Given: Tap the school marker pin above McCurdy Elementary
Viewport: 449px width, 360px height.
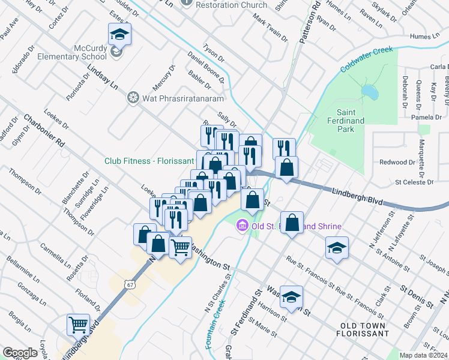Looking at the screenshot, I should click(119, 35).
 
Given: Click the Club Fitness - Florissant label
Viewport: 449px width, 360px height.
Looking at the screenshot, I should click(149, 161).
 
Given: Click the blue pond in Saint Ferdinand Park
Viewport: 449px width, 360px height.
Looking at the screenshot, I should click(370, 92).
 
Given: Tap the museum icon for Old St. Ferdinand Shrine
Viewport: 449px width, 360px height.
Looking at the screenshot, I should click(243, 226).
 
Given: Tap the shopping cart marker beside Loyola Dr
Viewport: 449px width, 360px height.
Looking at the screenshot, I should click(78, 325).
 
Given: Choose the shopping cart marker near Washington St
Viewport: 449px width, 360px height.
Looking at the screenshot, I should click(180, 247).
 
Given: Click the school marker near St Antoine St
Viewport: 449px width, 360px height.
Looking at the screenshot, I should click(337, 247).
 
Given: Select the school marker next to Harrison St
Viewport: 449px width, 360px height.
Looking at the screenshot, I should click(291, 297).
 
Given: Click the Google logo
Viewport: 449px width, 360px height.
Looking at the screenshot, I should click(20, 353).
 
